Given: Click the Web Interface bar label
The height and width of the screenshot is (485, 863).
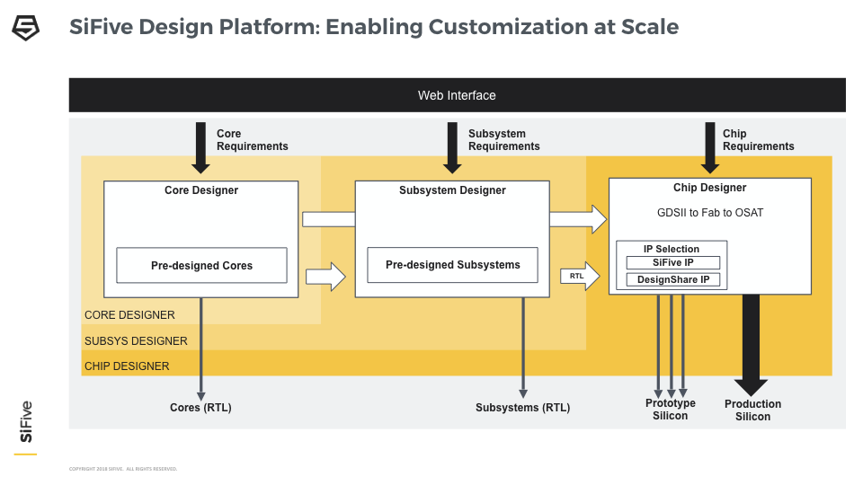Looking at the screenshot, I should click(457, 95).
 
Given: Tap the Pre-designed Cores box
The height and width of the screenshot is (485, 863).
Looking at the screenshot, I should click(201, 266).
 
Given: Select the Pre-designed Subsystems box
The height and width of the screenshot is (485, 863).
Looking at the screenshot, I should click(452, 265).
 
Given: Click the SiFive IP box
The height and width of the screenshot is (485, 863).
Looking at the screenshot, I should click(672, 263).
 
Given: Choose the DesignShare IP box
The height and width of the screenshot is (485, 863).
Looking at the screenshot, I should click(672, 280).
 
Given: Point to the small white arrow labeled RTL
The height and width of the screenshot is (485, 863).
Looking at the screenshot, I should click(580, 277).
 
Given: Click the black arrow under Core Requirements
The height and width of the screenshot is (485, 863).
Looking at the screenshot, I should click(200, 147).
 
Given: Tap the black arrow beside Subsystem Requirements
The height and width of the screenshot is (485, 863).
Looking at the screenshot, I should click(452, 147).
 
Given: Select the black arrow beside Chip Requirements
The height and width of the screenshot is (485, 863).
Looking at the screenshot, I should click(709, 147).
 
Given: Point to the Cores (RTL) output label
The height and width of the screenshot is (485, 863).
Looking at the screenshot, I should click(200, 408).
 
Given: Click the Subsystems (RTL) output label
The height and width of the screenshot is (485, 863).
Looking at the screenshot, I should click(522, 408).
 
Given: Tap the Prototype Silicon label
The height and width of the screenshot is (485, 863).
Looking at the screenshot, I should click(670, 410).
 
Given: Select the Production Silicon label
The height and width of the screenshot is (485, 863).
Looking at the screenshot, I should click(752, 410).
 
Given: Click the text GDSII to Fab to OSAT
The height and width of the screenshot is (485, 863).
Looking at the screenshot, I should click(709, 213).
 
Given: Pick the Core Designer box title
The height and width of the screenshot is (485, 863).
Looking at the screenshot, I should click(201, 190).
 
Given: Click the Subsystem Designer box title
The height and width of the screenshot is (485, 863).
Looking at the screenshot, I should click(452, 190).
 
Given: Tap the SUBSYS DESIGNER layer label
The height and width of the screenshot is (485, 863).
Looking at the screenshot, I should click(136, 341).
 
